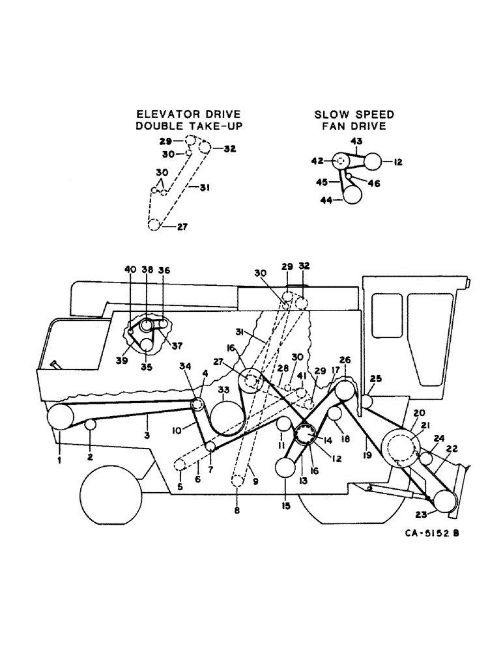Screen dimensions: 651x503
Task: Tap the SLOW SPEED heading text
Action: pos(354,115)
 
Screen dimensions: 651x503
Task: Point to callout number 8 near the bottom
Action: pos(237,511)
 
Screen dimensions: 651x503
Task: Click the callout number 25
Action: pos(375,379)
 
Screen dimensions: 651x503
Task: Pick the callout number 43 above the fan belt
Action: pos(358,141)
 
